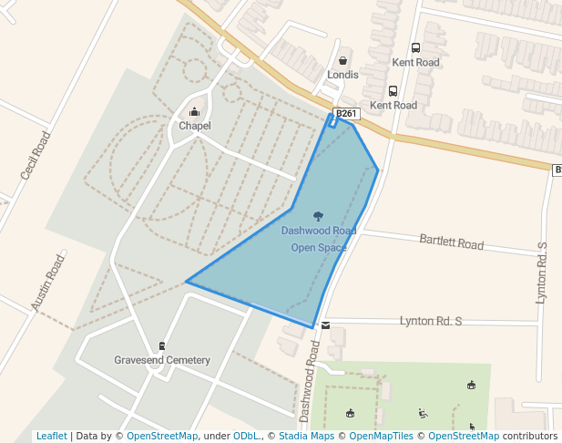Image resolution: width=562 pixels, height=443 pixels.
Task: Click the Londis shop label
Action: [x=343, y=75]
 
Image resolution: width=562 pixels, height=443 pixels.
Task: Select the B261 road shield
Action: [x=347, y=114]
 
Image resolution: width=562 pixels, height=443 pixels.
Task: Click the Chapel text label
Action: [x=194, y=126]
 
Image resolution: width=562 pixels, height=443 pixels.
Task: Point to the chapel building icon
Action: [x=194, y=112]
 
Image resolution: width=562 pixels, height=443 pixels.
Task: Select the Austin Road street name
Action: [x=48, y=283]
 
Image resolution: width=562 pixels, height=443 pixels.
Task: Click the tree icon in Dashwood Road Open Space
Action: [x=318, y=216]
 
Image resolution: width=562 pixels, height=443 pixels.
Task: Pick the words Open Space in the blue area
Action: [x=318, y=247]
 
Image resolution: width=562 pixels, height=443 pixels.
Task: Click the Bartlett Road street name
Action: [x=451, y=242]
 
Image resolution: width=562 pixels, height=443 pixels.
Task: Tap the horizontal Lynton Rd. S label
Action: [x=431, y=322]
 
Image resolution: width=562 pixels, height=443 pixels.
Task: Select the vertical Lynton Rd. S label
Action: [x=543, y=273]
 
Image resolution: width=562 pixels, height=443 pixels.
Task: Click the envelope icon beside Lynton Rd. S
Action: [x=325, y=325]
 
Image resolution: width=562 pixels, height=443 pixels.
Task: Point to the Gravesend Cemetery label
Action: [x=162, y=360]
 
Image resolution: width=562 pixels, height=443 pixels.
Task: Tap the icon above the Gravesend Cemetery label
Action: [x=162, y=345]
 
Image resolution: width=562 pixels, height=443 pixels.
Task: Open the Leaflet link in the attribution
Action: [x=51, y=436]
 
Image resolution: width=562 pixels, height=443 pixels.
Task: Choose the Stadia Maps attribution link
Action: [x=310, y=436]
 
